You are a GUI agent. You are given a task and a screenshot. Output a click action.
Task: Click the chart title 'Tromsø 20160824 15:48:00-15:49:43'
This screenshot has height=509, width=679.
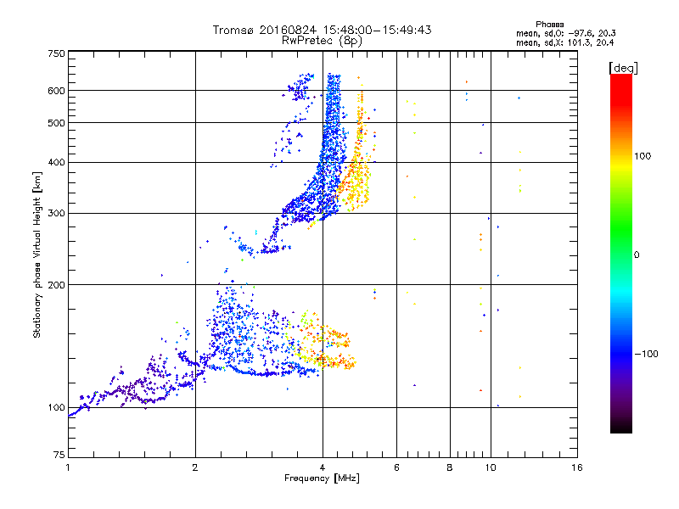[323, 30]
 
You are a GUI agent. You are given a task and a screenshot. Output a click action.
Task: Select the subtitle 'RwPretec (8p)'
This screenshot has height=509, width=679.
[323, 40]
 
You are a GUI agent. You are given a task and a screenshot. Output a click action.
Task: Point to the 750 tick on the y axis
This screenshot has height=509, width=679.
[56, 53]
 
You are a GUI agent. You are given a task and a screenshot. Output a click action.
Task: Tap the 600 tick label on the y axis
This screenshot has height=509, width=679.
[56, 90]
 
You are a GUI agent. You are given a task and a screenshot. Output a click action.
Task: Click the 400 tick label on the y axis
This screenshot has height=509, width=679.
[56, 162]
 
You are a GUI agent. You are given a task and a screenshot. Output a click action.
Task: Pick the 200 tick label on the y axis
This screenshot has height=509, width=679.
[56, 284]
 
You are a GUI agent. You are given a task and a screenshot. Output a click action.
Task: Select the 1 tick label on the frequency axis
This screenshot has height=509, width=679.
[68, 467]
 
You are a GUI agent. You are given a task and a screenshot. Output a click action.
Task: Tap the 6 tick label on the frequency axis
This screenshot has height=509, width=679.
[396, 467]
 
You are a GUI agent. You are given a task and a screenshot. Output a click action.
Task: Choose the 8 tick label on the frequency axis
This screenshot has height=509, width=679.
[449, 467]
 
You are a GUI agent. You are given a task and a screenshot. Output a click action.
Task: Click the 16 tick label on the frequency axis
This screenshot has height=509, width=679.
[576, 467]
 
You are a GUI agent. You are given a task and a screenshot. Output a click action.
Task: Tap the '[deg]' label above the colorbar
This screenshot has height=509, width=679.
[624, 67]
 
